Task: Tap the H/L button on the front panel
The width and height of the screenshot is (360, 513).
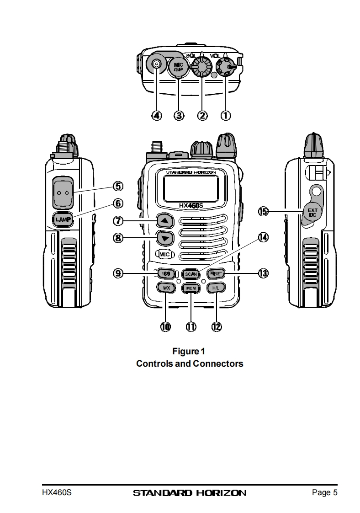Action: tap(215, 288)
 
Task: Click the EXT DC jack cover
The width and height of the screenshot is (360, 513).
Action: tap(312, 212)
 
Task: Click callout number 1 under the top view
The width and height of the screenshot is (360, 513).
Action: tap(225, 115)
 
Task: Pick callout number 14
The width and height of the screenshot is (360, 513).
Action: tap(263, 237)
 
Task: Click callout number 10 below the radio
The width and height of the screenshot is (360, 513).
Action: tap(165, 326)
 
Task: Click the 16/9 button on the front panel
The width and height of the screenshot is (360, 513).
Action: tap(164, 273)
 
